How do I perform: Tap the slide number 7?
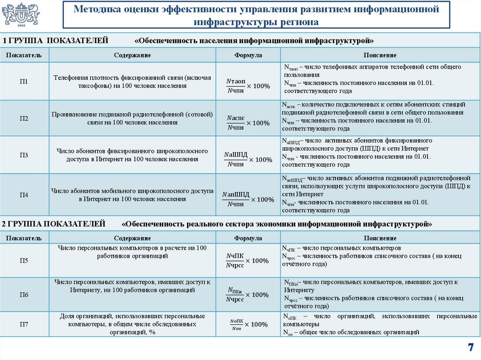[470, 347]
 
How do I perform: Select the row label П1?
[24, 82]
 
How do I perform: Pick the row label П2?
[24, 118]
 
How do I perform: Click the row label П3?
[24, 155]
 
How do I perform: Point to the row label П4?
[24, 195]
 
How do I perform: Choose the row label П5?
[24, 260]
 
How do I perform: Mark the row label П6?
[24, 295]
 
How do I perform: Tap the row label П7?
[24, 324]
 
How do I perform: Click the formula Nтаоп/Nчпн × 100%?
[248, 85]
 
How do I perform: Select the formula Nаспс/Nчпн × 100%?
[248, 123]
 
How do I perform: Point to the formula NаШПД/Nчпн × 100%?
[248, 159]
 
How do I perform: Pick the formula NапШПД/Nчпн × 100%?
[248, 199]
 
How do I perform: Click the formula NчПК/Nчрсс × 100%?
[247, 260]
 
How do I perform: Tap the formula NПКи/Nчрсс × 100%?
[247, 295]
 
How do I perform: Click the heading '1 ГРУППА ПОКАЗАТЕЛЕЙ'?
[55, 41]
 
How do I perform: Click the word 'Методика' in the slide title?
[100, 9]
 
